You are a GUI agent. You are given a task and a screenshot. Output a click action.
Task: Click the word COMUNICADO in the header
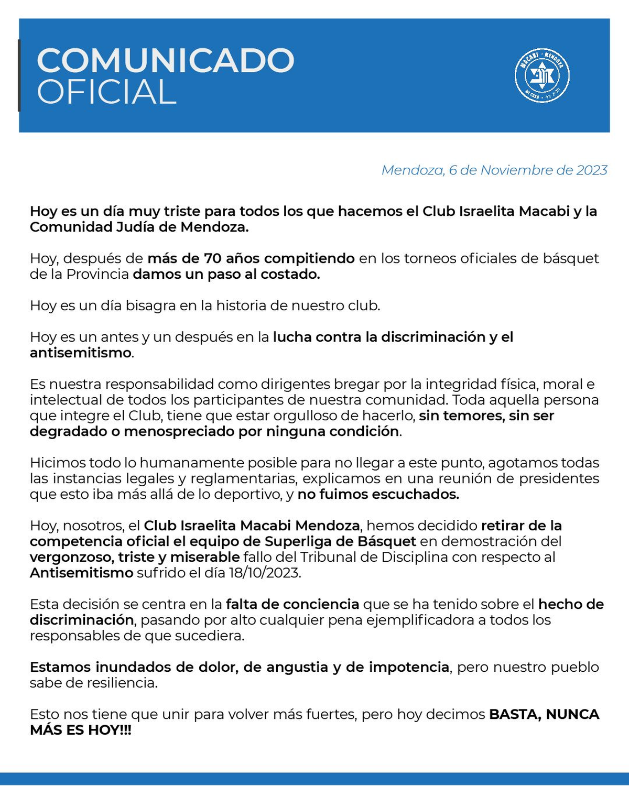tap(165, 61)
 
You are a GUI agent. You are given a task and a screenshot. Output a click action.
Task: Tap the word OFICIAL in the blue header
tap(106, 92)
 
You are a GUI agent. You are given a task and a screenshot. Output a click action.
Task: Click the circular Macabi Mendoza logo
tap(542, 75)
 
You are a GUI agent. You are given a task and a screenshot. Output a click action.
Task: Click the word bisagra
tap(150, 305)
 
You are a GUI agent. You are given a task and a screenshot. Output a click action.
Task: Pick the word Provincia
tap(97, 274)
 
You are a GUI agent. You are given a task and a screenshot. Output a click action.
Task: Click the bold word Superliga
tap(302, 541)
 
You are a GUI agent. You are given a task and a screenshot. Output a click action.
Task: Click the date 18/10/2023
tap(264, 573)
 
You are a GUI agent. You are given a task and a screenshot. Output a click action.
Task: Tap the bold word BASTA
tap(514, 714)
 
